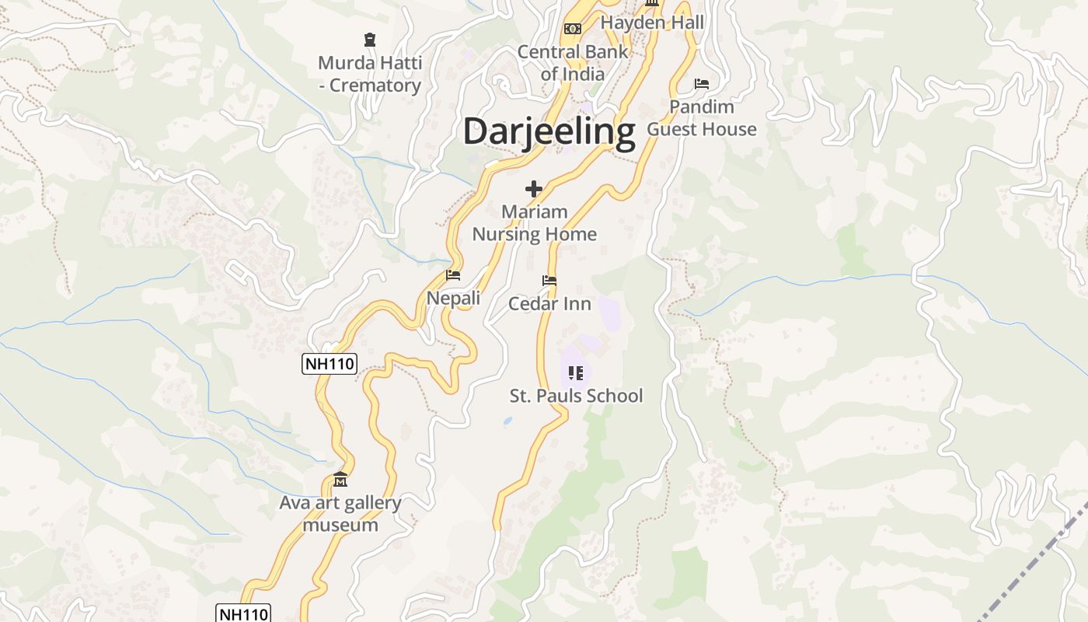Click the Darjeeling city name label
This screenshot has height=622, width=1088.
click(x=549, y=131)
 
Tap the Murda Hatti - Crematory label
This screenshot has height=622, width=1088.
click(x=370, y=74)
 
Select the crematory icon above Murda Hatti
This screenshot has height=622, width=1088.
click(x=370, y=39)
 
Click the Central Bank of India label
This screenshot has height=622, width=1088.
click(x=573, y=63)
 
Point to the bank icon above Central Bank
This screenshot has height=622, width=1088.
click(x=573, y=29)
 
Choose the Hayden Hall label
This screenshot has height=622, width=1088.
click(x=652, y=23)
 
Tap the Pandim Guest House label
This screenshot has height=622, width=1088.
click(x=702, y=117)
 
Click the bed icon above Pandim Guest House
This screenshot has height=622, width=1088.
click(x=702, y=83)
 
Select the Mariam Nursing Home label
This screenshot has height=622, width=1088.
click(x=535, y=222)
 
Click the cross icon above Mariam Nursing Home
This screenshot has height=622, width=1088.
click(x=534, y=189)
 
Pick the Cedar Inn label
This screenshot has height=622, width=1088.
click(x=549, y=303)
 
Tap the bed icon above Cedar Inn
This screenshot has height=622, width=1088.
click(x=549, y=281)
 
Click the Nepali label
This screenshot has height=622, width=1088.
click(x=454, y=298)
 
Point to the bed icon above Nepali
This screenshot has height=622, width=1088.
click(x=453, y=275)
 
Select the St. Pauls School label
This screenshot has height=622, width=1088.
click(x=576, y=396)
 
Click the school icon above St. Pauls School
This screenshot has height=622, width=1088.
click(x=575, y=373)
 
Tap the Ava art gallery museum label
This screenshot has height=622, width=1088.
click(x=340, y=513)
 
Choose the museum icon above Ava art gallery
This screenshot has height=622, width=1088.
click(x=340, y=479)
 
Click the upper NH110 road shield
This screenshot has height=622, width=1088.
click(x=330, y=363)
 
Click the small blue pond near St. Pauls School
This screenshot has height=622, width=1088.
click(x=507, y=421)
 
